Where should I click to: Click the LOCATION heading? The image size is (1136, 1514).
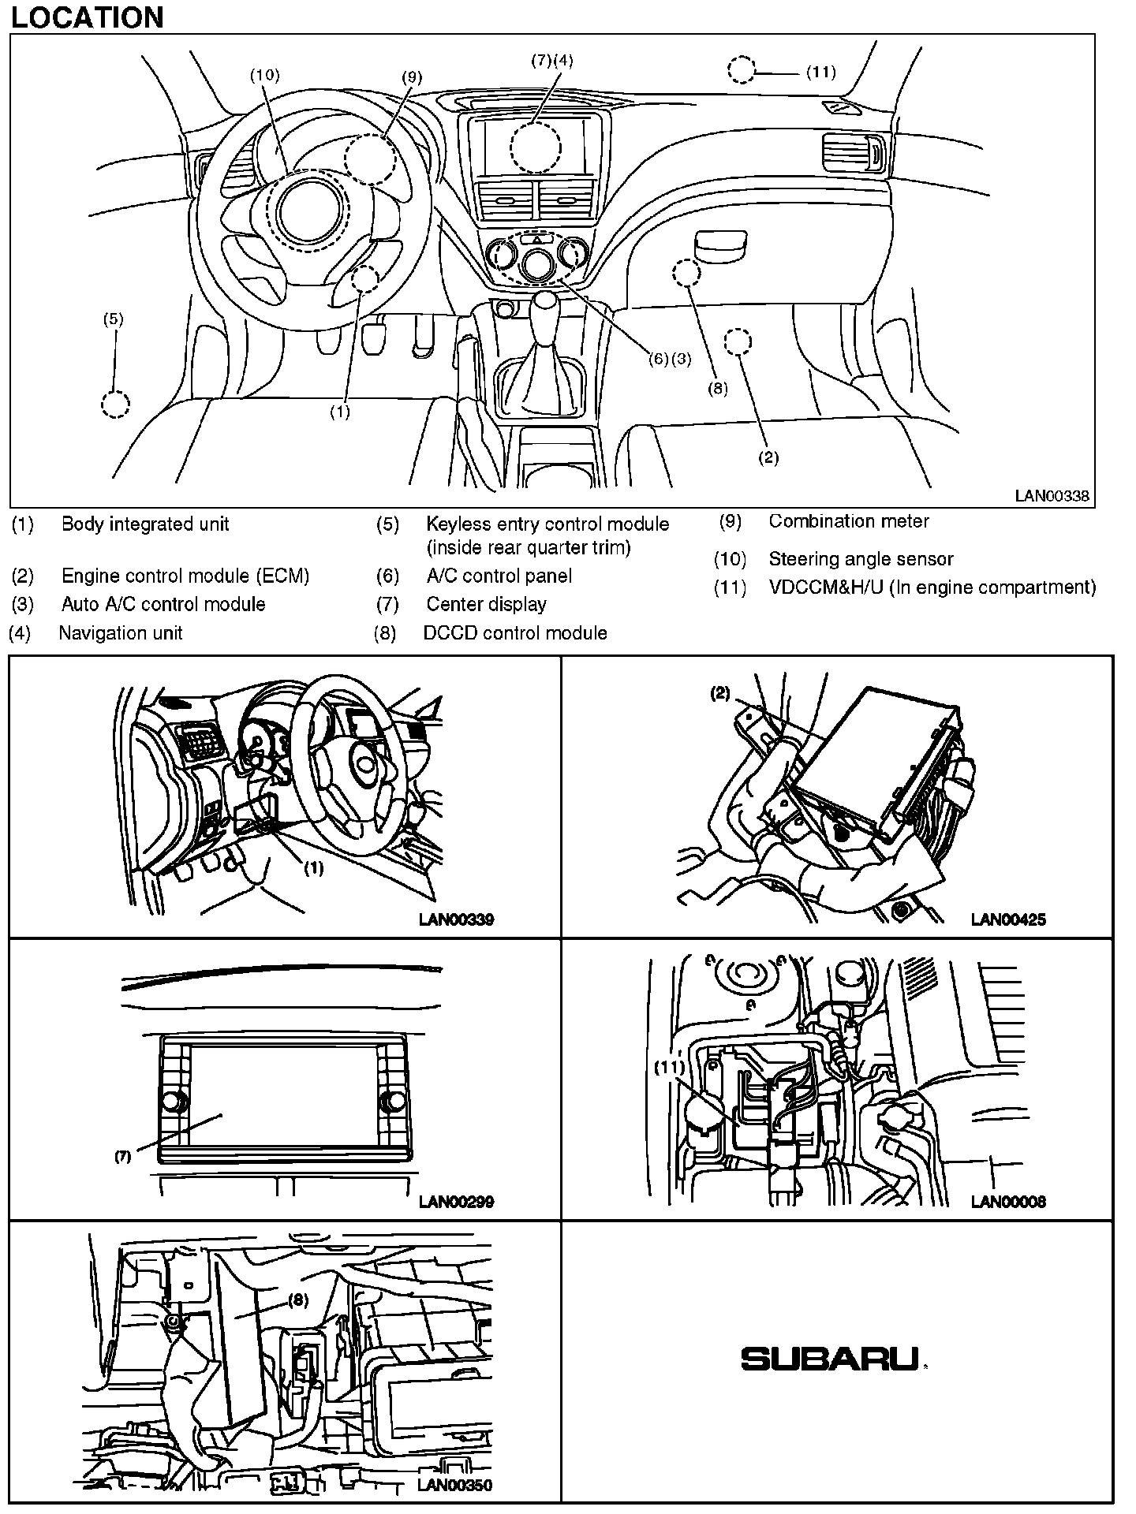coord(87,17)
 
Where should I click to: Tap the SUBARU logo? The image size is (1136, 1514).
coord(830,1359)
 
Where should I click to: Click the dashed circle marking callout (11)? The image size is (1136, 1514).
coord(741,70)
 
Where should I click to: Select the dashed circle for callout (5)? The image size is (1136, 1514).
coord(115,404)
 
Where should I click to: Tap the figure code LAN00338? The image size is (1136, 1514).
coord(1052,496)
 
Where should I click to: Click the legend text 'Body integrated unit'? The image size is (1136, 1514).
coord(145,524)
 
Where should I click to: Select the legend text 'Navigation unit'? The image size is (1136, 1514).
coord(121,633)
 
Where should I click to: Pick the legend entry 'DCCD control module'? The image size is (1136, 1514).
coord(515,633)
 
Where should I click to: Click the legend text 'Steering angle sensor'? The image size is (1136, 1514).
coord(861,559)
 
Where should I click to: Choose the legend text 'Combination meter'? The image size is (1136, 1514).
coord(849,521)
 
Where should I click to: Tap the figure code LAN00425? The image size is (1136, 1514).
coord(1008,919)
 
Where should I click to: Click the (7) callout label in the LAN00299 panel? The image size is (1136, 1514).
coord(122,1158)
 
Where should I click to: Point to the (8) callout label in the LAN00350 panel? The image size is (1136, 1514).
coord(298,1300)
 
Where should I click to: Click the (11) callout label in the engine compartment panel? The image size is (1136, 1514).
coord(670,1068)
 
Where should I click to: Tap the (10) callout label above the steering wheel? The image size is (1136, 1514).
coord(265,75)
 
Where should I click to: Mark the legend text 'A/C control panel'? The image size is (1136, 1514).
coord(499,576)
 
